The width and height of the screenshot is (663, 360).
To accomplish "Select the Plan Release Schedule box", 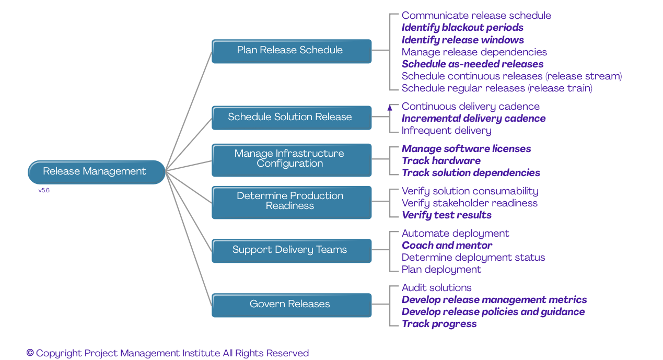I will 291,51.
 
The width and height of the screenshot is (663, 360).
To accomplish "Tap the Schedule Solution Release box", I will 291,118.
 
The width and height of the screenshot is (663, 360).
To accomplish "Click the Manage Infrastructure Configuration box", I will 291,159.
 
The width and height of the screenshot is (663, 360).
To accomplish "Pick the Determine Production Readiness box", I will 291,202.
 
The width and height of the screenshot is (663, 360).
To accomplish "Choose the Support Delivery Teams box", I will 291,250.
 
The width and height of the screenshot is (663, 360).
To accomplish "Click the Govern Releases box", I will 291,305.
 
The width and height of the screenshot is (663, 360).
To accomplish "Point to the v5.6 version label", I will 44,191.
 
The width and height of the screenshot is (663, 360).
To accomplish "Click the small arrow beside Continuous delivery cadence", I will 390,108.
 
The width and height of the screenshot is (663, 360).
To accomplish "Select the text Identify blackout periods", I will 462,28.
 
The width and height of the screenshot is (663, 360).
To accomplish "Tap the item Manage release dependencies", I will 474,52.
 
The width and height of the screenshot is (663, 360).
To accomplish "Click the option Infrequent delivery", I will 446,131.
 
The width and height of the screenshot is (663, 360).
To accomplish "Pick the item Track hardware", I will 441,161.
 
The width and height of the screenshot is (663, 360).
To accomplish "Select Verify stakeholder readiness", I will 469,203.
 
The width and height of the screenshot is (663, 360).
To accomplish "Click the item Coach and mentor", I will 447,246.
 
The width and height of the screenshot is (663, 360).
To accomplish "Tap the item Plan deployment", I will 441,270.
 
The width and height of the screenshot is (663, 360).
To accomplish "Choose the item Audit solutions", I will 436,288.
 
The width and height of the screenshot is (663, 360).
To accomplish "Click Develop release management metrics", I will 494,300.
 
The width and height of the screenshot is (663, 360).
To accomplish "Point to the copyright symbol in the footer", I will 30,353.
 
